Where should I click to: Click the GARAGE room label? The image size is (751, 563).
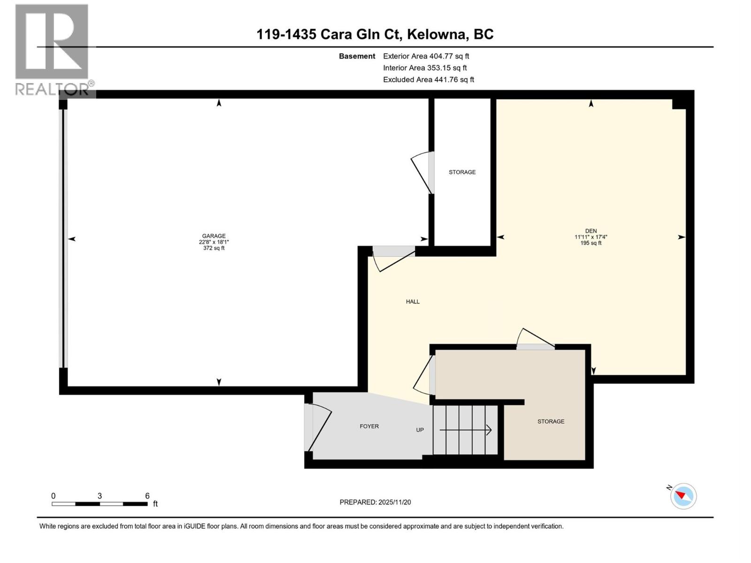pos(214,236)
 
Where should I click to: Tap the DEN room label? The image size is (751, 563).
pos(590,231)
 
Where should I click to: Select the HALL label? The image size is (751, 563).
pos(413,302)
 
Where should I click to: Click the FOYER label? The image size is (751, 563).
pos(369,426)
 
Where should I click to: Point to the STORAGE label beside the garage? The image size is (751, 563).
pos(462,172)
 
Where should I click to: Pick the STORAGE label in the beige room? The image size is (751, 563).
pos(551,421)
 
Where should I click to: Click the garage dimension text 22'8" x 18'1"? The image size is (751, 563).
pos(214,242)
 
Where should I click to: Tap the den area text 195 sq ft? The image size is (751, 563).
pos(590,243)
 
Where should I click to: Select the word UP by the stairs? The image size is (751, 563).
pos(420,430)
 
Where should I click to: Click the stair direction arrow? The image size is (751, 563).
pos(465,430)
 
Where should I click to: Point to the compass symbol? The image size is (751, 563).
pos(683,496)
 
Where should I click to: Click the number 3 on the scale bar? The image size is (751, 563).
pos(100,496)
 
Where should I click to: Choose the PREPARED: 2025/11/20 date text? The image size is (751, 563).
pos(375,502)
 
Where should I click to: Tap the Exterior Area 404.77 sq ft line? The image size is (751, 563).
pos(426,56)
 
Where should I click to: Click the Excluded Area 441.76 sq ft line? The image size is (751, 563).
pos(428,79)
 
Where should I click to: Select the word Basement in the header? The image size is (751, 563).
pos(357,56)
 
